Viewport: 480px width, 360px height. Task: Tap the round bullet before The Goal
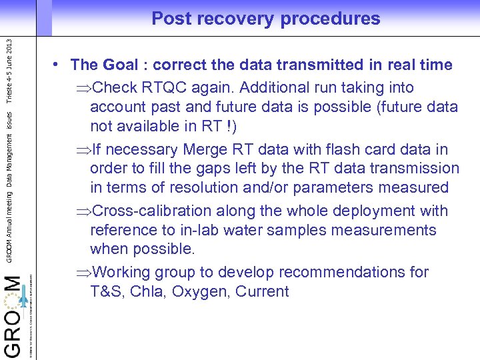pos(59,65)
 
